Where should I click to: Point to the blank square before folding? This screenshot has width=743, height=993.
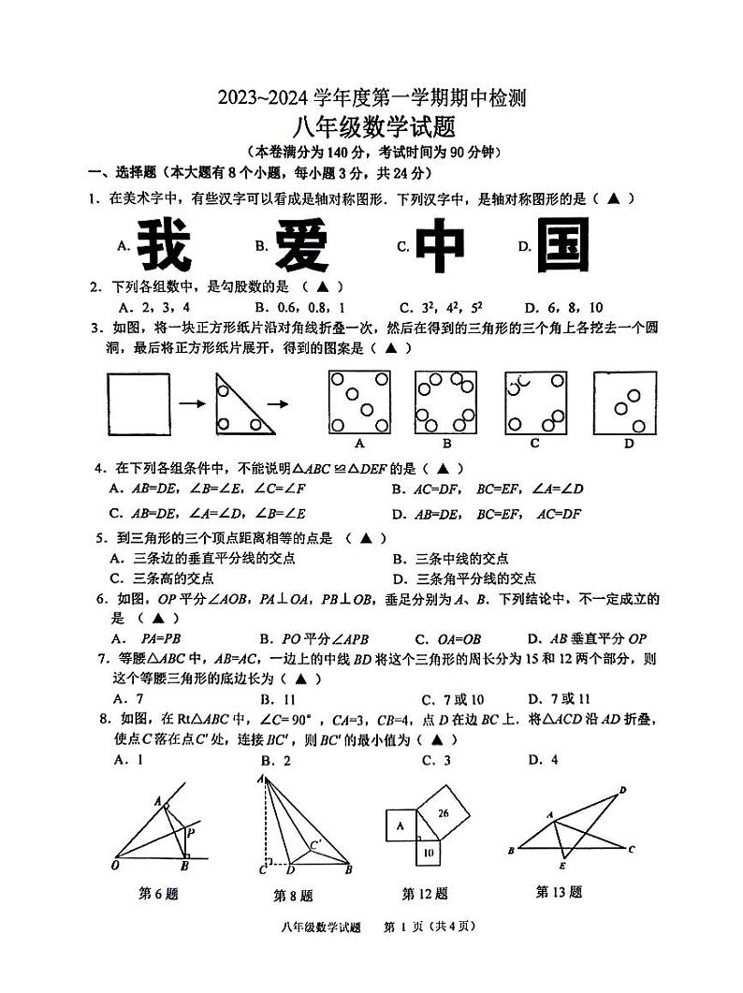pyautogui.click(x=138, y=403)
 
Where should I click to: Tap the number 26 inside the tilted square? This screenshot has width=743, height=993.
pyautogui.click(x=444, y=813)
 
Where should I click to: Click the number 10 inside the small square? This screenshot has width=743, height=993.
pyautogui.click(x=428, y=853)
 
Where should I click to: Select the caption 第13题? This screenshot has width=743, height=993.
pyautogui.click(x=559, y=892)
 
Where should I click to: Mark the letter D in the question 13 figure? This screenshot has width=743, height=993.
pyautogui.click(x=622, y=791)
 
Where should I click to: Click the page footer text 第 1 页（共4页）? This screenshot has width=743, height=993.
pyautogui.click(x=431, y=927)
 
